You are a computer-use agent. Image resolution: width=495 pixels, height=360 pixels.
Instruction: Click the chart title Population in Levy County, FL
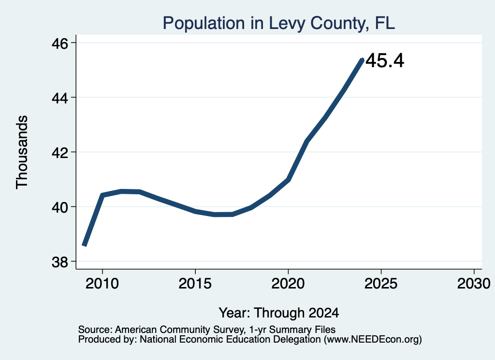[x=279, y=23]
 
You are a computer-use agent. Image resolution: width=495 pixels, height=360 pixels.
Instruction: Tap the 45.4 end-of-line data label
[x=385, y=60]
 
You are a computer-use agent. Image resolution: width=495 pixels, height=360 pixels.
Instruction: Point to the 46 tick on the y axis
[x=59, y=43]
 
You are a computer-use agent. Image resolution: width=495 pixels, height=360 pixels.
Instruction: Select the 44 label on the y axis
[x=59, y=98]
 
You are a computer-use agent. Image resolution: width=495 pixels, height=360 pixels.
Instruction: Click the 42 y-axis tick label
[x=59, y=153]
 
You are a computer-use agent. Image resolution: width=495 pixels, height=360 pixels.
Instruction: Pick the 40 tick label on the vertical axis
[x=59, y=207]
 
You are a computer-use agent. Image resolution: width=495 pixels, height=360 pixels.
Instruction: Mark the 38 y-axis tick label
[x=59, y=262]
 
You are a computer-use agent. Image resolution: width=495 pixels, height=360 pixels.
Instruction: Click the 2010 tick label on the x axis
[x=102, y=284]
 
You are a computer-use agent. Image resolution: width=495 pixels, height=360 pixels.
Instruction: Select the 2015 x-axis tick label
[x=195, y=284]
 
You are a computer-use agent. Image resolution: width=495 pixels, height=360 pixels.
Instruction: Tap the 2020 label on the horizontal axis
[x=288, y=284]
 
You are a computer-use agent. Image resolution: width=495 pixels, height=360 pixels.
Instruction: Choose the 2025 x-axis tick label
[x=381, y=284]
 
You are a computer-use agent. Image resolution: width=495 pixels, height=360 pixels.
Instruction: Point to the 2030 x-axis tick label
[x=474, y=284]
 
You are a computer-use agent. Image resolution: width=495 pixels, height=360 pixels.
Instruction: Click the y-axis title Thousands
[x=22, y=152]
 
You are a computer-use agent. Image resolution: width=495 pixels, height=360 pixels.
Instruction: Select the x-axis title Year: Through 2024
[x=279, y=313]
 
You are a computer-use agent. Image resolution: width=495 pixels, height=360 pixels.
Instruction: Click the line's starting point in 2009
[x=84, y=245]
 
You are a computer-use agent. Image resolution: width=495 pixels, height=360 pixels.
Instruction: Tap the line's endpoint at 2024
[x=363, y=59]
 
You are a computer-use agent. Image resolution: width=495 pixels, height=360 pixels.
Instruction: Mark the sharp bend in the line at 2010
[x=102, y=195]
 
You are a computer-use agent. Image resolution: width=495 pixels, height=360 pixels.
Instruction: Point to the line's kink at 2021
[x=306, y=142]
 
